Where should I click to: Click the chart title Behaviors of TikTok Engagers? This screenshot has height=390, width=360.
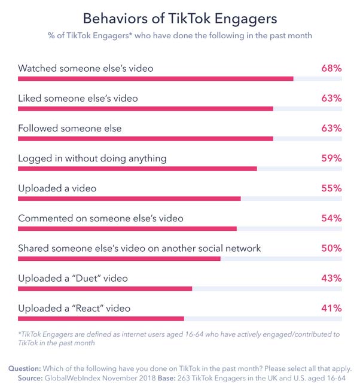pyautogui.click(x=180, y=19)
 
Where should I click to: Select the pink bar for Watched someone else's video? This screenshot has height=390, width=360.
pyautogui.click(x=155, y=79)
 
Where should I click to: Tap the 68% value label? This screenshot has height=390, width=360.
pyautogui.click(x=331, y=68)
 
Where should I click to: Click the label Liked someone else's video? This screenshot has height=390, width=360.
pyautogui.click(x=78, y=98)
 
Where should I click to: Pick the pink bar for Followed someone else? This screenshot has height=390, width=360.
pyautogui.click(x=145, y=139)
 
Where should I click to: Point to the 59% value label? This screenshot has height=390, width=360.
pyautogui.click(x=331, y=158)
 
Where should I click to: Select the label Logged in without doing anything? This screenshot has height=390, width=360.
pyautogui.click(x=92, y=159)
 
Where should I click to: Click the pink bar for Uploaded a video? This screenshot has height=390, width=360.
pyautogui.click(x=129, y=199)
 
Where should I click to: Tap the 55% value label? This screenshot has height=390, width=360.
pyautogui.click(x=331, y=188)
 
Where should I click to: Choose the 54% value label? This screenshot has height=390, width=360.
pyautogui.click(x=331, y=218)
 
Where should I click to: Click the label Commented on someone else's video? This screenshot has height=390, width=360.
pyautogui.click(x=100, y=218)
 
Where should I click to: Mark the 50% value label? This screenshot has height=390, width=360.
pyautogui.click(x=331, y=248)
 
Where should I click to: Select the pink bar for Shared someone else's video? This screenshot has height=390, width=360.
pyautogui.click(x=119, y=258)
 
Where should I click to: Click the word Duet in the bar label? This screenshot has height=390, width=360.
pyautogui.click(x=88, y=278)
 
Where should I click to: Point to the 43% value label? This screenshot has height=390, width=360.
pyautogui.click(x=331, y=278)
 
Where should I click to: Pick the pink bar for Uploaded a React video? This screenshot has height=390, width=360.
pyautogui.click(x=101, y=319)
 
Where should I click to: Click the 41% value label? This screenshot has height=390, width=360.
pyautogui.click(x=331, y=309)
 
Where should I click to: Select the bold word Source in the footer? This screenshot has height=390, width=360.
pyautogui.click(x=30, y=378)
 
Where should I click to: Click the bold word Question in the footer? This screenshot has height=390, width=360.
pyautogui.click(x=25, y=368)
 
